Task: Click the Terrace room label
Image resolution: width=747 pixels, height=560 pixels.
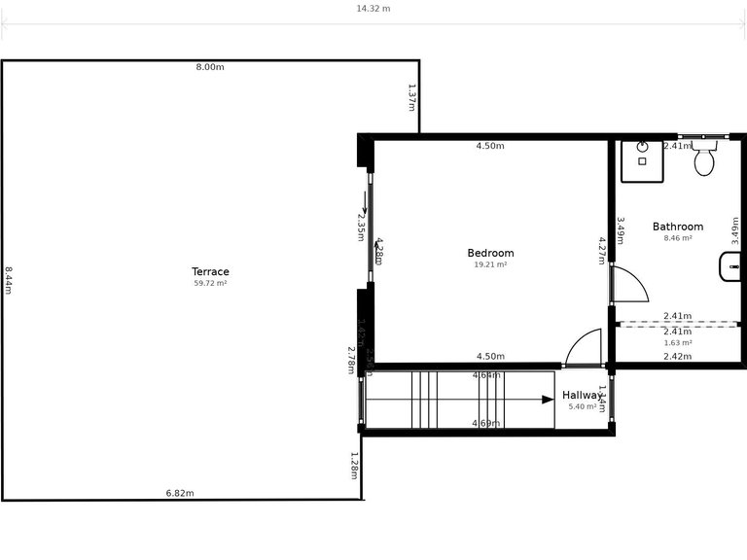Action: coord(210,271)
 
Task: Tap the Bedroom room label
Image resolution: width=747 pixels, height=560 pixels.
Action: coord(490,253)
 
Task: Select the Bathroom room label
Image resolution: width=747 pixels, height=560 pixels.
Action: coord(677,227)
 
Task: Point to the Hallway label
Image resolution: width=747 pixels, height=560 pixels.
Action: coord(583,396)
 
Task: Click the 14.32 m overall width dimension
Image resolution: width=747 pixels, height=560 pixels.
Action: coord(373,8)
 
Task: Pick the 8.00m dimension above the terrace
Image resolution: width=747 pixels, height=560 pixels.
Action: coord(210,67)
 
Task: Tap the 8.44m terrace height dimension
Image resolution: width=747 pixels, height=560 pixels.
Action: coord(8,280)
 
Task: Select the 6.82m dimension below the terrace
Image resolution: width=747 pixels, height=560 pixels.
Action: coord(180,493)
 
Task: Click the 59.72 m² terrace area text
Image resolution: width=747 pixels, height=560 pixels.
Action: coord(210,284)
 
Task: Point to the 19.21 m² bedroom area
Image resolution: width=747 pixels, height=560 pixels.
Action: coord(490,264)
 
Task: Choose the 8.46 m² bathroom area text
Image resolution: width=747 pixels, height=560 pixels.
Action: coord(677,238)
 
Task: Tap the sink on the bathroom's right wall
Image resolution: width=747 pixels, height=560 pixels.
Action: coord(729,266)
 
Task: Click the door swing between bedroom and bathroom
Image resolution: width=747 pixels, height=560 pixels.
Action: coord(627,284)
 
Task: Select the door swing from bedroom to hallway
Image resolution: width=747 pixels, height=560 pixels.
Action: coord(587,349)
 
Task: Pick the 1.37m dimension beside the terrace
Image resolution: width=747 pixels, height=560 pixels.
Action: coord(412,95)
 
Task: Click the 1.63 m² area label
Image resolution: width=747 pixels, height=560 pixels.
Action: coord(677,342)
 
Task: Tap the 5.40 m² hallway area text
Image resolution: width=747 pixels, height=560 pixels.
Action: coord(582,406)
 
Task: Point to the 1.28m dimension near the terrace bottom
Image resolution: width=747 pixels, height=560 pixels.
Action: coord(355,465)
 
